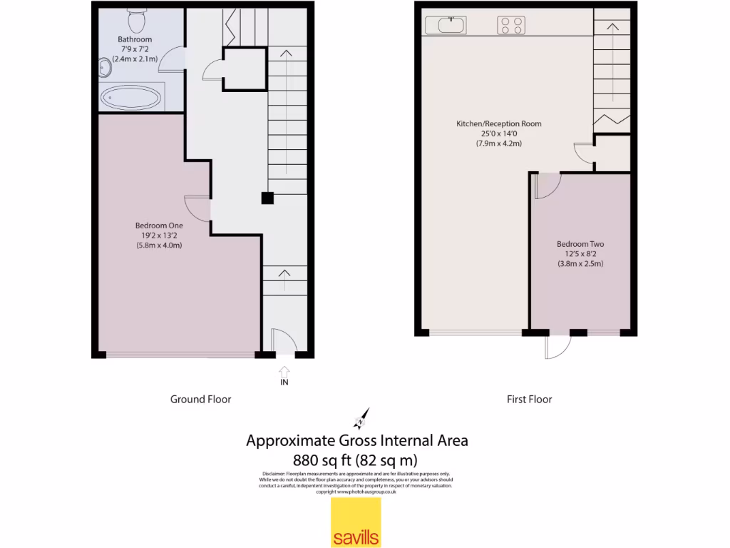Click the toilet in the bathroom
point(135,18)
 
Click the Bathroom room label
point(135,39)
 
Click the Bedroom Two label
point(580,244)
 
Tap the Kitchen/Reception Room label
point(499,123)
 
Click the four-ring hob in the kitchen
point(510,26)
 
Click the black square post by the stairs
point(267,198)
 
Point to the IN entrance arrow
point(284,372)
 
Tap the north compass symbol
point(362,419)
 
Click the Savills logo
point(356,522)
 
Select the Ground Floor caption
point(200,400)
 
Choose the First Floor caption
point(529,400)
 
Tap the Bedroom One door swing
point(198,208)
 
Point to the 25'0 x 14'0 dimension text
point(499,133)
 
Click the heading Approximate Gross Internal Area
point(357,440)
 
